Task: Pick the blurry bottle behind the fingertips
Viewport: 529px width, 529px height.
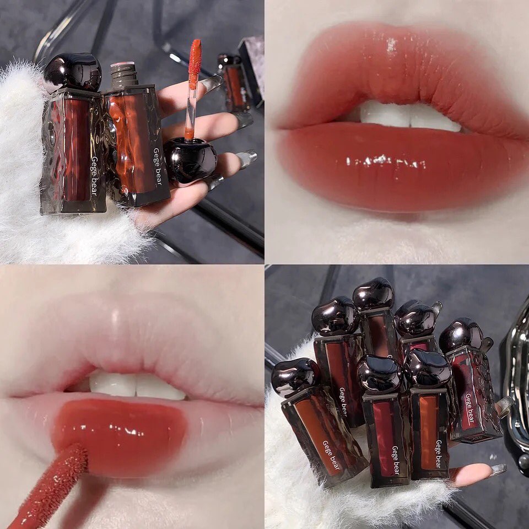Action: pos(235,83)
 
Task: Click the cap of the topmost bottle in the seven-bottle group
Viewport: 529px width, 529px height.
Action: pos(373,294)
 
